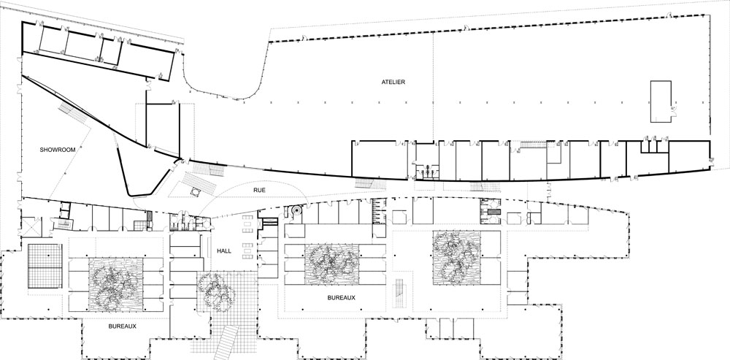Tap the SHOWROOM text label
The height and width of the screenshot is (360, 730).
57,150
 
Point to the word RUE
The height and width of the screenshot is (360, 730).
259,190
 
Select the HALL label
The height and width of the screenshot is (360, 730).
224,250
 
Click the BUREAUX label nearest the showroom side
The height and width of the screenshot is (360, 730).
123,326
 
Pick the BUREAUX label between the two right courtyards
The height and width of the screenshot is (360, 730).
341,297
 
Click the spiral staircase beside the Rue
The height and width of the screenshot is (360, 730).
296,210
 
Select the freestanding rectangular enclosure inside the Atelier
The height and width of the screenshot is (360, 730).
661,102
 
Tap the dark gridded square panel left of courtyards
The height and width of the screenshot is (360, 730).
45,266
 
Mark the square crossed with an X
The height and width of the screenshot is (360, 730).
31,227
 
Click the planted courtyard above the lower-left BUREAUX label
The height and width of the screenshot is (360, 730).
115,285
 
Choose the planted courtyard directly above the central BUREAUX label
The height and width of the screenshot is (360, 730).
332,264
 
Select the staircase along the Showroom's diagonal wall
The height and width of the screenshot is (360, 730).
73,113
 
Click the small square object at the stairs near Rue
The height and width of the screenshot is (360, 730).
194,192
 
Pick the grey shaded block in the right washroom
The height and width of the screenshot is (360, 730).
493,212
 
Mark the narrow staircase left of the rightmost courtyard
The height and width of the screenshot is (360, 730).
399,294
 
